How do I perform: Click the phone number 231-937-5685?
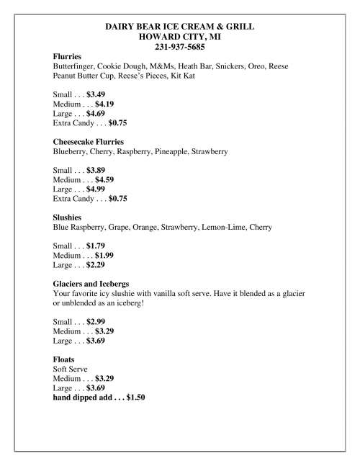[180, 48]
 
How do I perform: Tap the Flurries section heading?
[67, 56]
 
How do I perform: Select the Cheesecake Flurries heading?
[89, 142]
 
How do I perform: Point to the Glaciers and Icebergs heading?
[91, 284]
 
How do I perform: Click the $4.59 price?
[106, 179]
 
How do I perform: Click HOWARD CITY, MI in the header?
[180, 37]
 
